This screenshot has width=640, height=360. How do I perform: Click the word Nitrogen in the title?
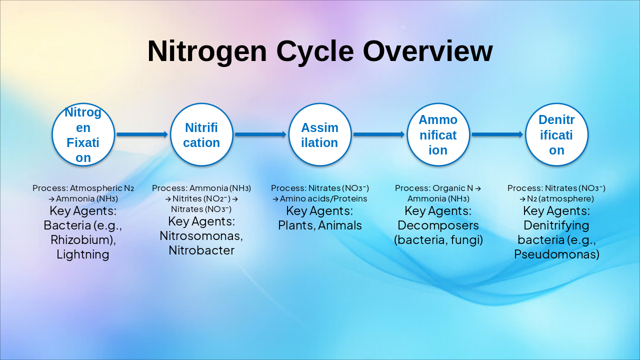[x=207, y=51]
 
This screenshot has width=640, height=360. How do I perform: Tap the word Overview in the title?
[x=427, y=51]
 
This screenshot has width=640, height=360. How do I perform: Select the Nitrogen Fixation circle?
[x=83, y=134]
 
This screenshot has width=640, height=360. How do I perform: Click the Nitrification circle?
[x=201, y=134]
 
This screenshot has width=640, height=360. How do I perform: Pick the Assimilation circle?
[x=320, y=134]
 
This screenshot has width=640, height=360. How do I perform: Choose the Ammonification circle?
[x=438, y=134]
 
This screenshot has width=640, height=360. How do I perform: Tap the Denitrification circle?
[x=556, y=134]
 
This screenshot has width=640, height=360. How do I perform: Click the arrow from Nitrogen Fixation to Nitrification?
[x=142, y=134]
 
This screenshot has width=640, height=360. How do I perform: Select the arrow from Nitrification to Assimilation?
[x=261, y=134]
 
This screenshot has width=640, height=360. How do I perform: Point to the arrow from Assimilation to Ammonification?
[x=379, y=134]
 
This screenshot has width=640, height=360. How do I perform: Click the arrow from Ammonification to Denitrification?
[x=497, y=134]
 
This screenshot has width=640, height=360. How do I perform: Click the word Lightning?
[x=83, y=254]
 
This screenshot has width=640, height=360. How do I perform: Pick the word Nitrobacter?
[x=201, y=250]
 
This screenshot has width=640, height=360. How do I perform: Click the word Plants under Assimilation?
[x=297, y=225]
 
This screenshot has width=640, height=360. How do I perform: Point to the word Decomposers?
[x=438, y=225]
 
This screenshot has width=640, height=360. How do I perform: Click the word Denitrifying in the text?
[x=556, y=225]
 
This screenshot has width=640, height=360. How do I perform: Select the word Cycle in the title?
[x=315, y=51]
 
